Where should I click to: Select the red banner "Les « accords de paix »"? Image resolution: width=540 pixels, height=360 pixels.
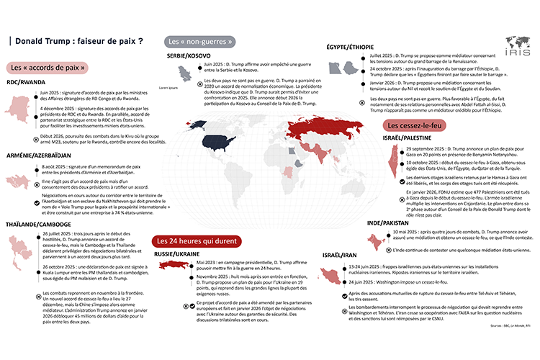[x=50, y=68]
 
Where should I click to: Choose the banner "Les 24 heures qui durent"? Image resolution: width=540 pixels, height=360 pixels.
[x=195, y=240]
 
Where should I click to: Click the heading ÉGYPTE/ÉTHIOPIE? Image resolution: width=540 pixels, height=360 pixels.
[x=351, y=46]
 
